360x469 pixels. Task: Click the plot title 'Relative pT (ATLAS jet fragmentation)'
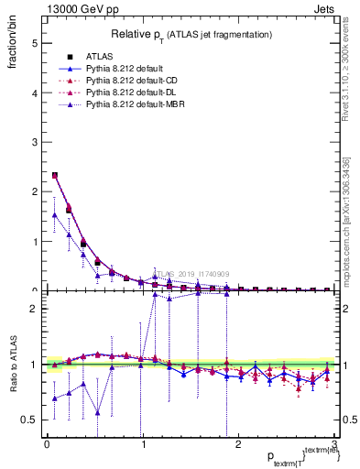(191, 34)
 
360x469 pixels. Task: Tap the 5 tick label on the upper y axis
(34, 43)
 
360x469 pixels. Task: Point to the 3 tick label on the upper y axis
(34, 143)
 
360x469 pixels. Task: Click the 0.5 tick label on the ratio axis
(30, 420)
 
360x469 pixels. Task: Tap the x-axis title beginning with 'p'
(293, 457)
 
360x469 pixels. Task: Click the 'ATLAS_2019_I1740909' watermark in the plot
(191, 274)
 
